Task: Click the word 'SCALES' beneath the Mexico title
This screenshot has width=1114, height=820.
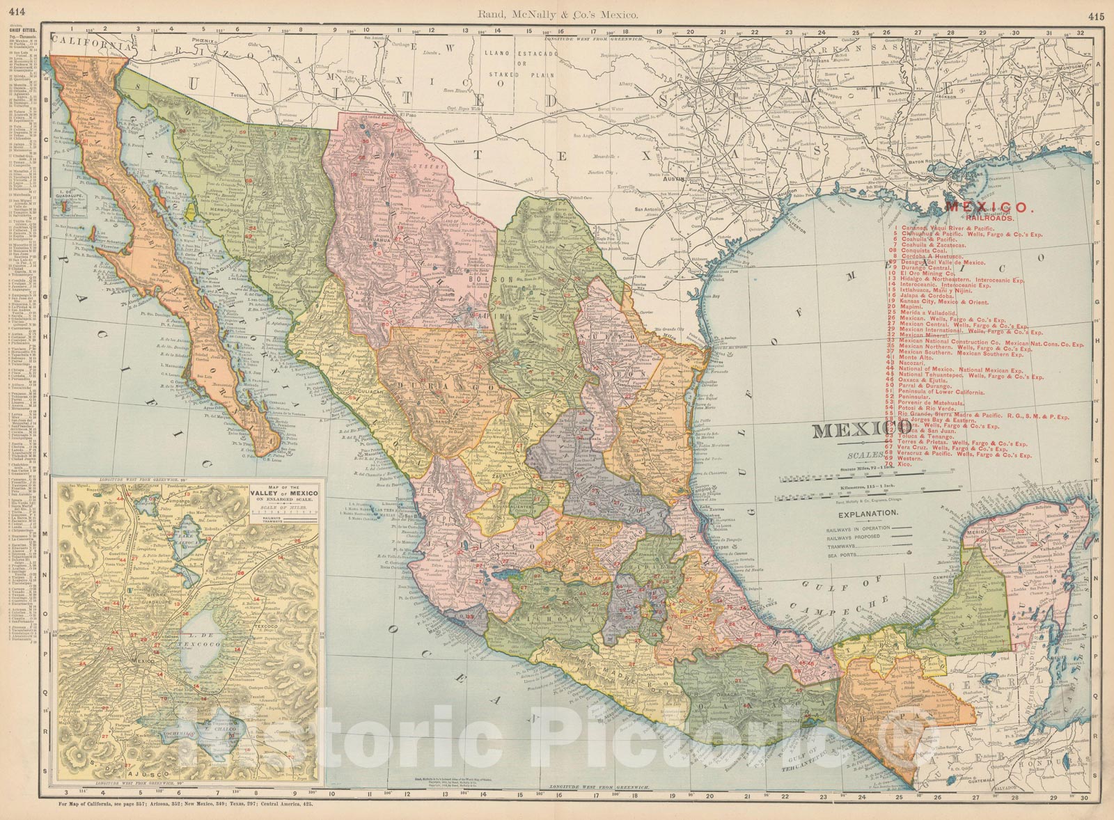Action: [x=864, y=457]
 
